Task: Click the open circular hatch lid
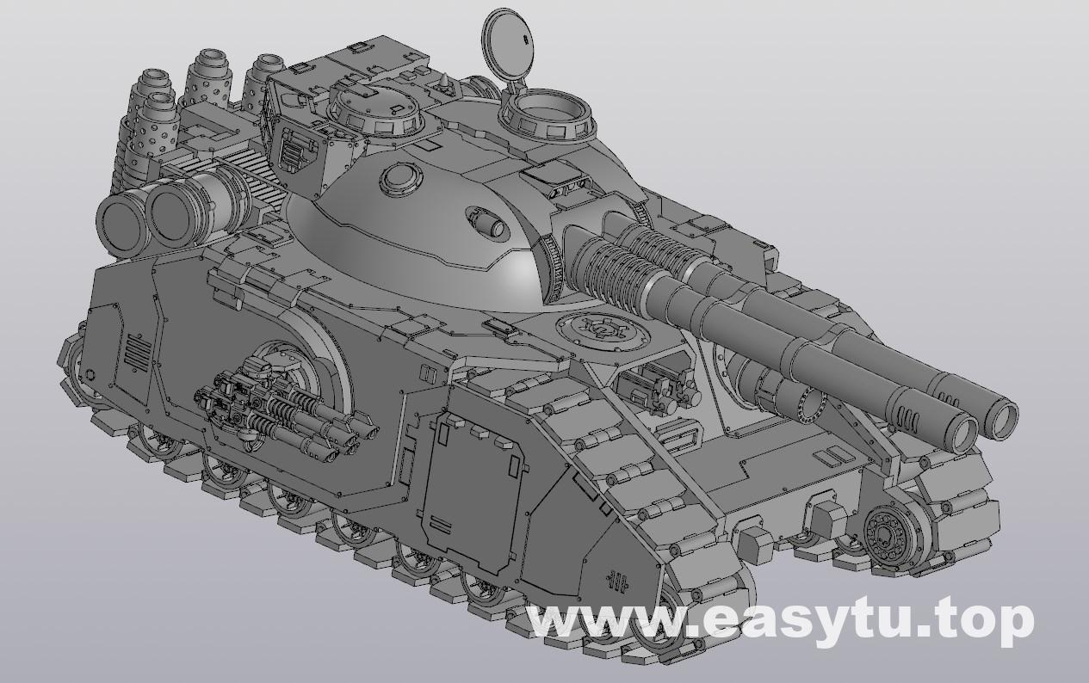(x=506, y=43)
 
